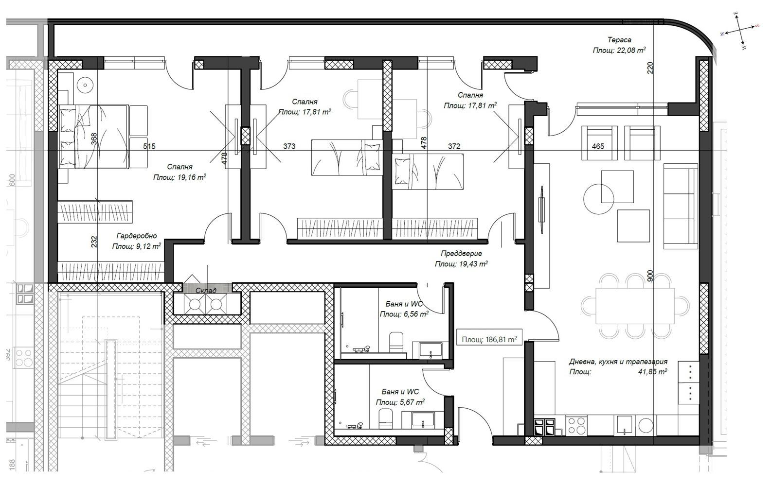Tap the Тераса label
click(619, 40)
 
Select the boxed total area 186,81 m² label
click(489, 340)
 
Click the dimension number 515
click(149, 146)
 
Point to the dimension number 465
click(598, 146)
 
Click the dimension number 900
click(650, 276)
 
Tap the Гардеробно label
click(137, 236)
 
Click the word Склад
click(206, 291)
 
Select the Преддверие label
click(461, 254)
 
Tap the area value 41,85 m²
click(653, 371)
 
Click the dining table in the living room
click(635, 305)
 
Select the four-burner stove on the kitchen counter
click(576, 425)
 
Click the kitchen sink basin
click(624, 425)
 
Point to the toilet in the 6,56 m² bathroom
click(396, 342)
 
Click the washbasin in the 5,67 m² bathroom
click(423, 420)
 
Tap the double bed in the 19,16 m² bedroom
click(93, 137)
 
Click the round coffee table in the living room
click(598, 199)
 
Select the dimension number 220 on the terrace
click(650, 68)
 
